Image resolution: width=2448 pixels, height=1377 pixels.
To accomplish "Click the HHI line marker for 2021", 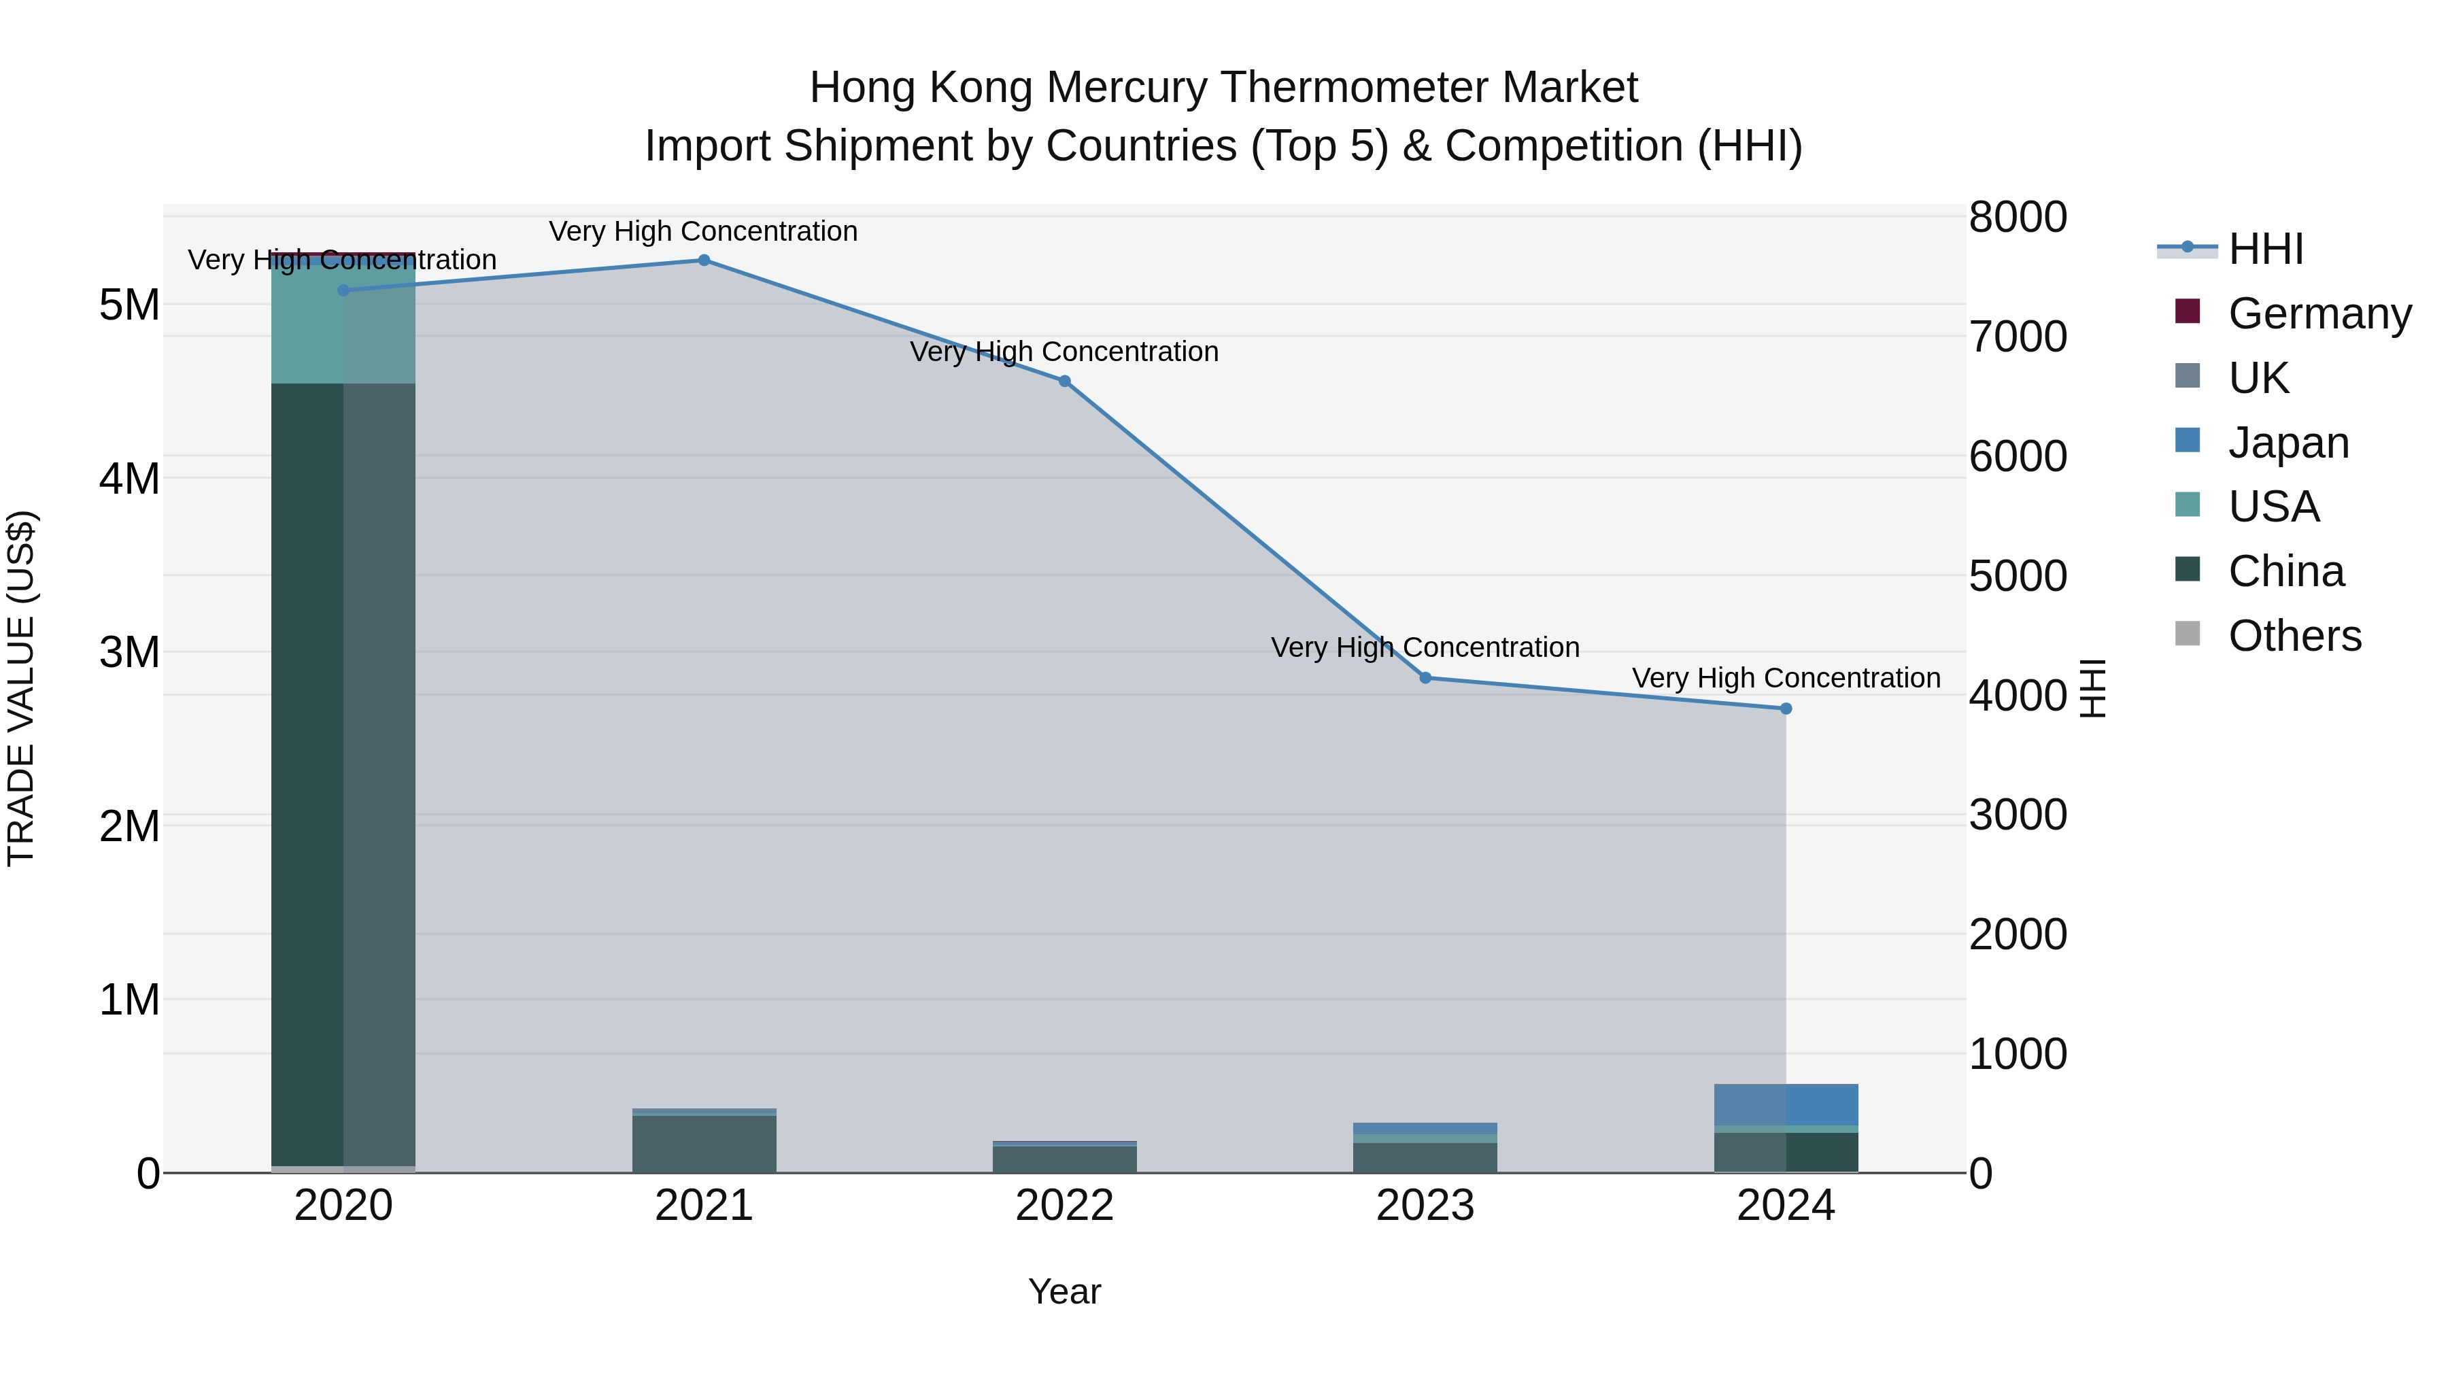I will tap(704, 260).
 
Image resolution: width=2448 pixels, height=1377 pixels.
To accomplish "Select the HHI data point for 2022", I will tap(1064, 381).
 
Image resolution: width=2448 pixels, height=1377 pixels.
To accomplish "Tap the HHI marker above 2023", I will tap(1425, 677).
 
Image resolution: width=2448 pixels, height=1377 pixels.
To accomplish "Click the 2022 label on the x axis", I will tap(1064, 1206).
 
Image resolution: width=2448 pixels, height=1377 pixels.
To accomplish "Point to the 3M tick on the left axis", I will tap(129, 653).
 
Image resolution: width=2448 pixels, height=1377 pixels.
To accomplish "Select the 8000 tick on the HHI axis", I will tap(2018, 218).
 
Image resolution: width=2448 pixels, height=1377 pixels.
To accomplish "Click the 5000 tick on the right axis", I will tap(2018, 576).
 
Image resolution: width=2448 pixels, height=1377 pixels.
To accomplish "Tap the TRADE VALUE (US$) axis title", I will tap(22, 688).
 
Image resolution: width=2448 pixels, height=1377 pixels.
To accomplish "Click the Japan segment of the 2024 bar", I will tap(1786, 1104).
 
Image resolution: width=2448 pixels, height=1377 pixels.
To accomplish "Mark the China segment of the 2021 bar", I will tap(704, 1144).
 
